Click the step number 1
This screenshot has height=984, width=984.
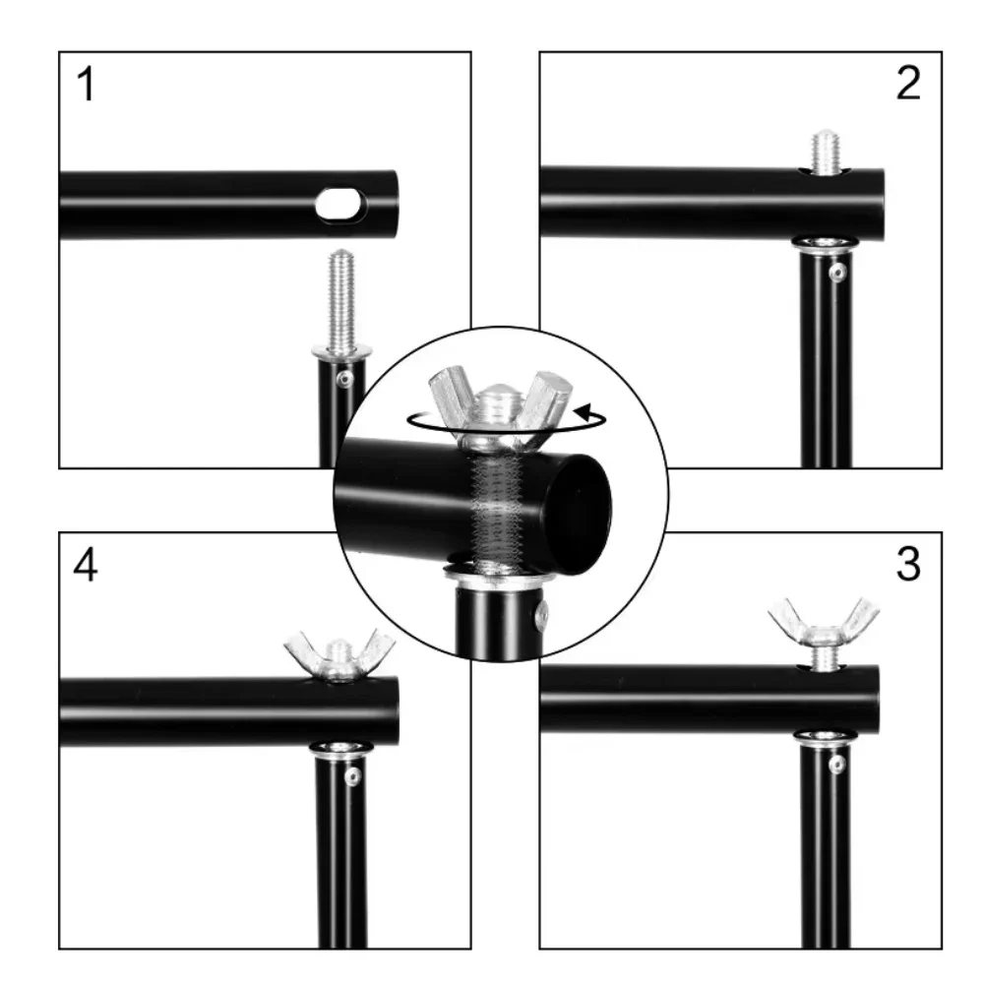(86, 84)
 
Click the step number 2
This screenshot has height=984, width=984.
(908, 83)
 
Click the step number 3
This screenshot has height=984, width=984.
(908, 564)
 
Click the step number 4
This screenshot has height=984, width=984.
(86, 565)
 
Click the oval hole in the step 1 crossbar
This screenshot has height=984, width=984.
(340, 204)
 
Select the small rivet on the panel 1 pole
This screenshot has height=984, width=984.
(345, 379)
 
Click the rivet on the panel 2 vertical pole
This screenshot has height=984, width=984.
(837, 273)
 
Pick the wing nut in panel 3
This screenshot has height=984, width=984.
(824, 623)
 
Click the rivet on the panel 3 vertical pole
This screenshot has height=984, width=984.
(836, 764)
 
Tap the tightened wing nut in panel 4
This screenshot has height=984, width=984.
(339, 655)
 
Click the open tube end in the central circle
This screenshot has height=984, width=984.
(579, 515)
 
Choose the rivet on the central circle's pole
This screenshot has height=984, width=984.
(542, 616)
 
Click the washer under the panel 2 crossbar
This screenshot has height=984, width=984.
(826, 243)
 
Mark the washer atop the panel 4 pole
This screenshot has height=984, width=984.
(340, 749)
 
